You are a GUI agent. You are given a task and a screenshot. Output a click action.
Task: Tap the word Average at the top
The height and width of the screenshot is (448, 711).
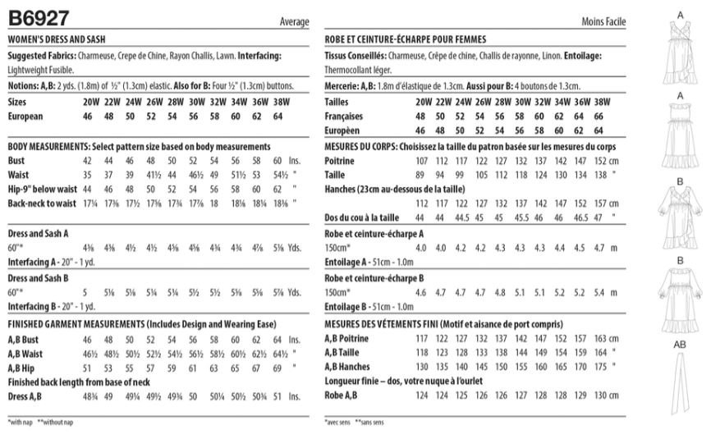click(294, 21)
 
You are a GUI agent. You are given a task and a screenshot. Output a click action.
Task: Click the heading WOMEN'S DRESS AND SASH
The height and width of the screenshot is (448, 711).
click(57, 39)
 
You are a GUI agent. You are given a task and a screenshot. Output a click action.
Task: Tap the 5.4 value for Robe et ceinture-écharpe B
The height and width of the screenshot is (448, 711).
click(598, 292)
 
